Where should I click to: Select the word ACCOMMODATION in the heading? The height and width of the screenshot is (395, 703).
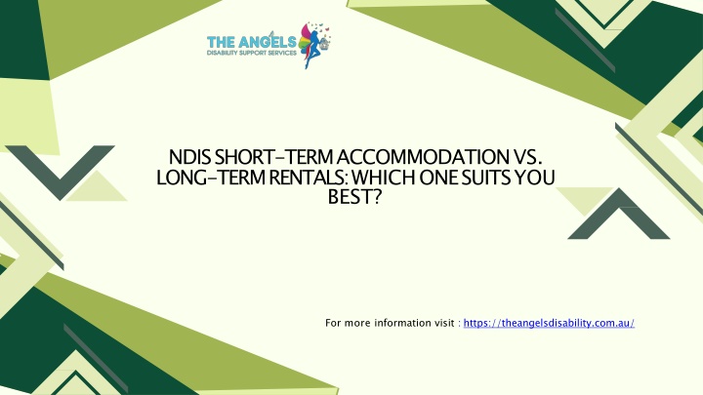pyautogui.click(x=423, y=157)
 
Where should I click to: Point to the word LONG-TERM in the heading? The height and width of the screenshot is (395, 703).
pyautogui.click(x=210, y=178)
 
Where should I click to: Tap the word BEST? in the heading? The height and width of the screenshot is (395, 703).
pyautogui.click(x=354, y=197)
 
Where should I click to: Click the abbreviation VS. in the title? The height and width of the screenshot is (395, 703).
pyautogui.click(x=527, y=157)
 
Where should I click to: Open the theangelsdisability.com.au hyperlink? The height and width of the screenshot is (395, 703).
pyautogui.click(x=549, y=323)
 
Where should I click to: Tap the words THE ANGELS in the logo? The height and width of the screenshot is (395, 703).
pyautogui.click(x=252, y=42)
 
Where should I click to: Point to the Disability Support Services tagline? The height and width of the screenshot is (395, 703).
pyautogui.click(x=252, y=53)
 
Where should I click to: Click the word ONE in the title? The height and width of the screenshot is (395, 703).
pyautogui.click(x=438, y=178)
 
